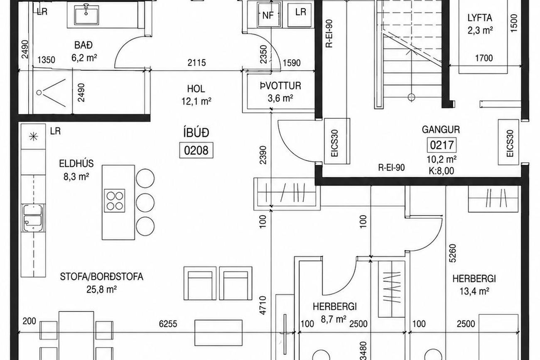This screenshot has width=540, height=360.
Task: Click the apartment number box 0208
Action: point(196,150)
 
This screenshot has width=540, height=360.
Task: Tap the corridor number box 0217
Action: point(442,145)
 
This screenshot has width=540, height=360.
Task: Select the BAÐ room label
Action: point(83,45)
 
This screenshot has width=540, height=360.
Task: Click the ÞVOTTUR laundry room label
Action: point(280,86)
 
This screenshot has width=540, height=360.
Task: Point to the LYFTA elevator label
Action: point(480,18)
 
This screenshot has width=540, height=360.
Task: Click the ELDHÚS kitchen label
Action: point(76,164)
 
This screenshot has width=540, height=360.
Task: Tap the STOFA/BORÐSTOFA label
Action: point(101,277)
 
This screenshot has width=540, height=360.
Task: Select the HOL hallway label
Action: point(196,89)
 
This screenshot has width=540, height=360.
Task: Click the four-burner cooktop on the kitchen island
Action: point(115,201)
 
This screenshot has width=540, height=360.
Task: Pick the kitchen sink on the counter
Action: point(33,218)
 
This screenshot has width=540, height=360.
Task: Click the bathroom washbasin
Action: point(86,15)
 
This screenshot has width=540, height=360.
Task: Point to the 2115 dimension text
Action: point(197,63)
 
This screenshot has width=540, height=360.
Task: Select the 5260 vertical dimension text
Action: point(452,253)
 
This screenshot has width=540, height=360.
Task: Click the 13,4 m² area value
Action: point(474,291)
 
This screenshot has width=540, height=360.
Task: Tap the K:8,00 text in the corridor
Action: point(442,171)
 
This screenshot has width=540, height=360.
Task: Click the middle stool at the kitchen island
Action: point(145,202)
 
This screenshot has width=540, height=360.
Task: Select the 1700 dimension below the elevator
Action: point(484,58)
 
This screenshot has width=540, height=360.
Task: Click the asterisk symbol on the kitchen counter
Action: point(33,137)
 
